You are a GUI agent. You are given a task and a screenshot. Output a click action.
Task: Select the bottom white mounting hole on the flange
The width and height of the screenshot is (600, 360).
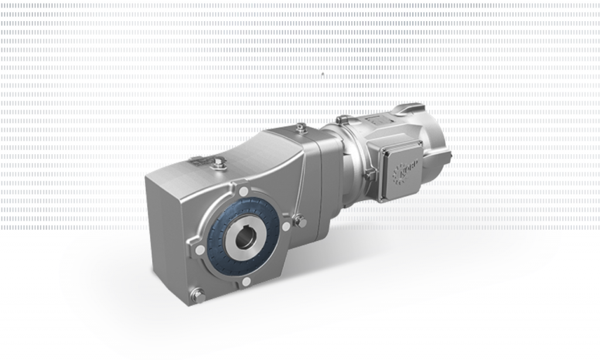tap(246, 282)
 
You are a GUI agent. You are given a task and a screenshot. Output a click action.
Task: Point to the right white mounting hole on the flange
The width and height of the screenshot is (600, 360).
tap(286, 226)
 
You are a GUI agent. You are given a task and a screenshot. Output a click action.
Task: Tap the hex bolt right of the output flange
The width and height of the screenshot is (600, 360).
tap(301, 220)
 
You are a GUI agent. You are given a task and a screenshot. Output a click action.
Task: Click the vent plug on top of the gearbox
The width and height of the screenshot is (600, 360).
tap(220, 164)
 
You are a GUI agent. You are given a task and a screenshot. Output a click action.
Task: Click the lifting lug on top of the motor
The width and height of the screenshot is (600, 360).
tap(408, 109)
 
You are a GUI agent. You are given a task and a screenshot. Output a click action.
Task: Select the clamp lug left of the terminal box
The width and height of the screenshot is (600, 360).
tap(369, 174)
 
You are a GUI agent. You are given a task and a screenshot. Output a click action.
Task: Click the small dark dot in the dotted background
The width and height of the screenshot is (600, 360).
tap(322, 74)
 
